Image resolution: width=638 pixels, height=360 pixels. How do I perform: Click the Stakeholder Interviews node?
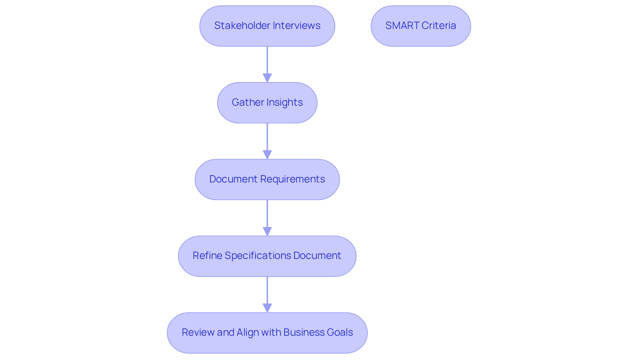point(267,26)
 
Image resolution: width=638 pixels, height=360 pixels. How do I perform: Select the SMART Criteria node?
point(421,26)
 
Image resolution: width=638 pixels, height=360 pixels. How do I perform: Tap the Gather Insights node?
point(267,103)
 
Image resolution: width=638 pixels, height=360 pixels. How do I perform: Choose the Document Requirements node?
point(267,180)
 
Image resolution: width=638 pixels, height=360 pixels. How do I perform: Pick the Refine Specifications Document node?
point(267,256)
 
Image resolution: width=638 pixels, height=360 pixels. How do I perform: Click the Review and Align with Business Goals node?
point(267,333)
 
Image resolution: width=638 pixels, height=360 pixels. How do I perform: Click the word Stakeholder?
point(242,26)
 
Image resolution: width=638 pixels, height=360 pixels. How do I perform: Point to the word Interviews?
point(296,26)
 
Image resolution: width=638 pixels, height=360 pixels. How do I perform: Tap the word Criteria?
point(439,26)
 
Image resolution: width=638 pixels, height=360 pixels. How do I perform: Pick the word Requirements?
point(292,179)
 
